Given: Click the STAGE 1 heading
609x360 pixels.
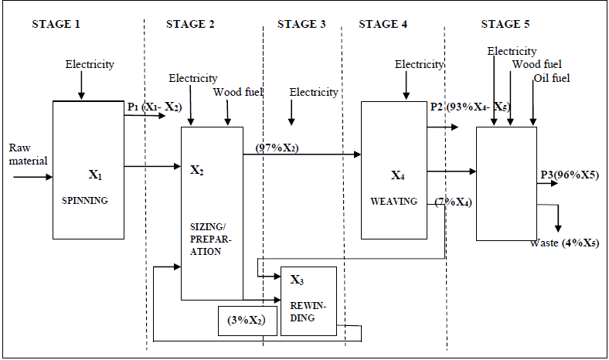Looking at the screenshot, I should (56, 24).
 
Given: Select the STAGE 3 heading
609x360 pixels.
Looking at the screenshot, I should (301, 24).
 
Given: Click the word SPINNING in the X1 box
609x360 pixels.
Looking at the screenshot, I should (85, 200).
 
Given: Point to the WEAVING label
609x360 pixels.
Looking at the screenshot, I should (393, 202).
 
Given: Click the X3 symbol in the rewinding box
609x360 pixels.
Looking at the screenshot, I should (297, 279).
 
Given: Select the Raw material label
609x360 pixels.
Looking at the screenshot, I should (28, 154).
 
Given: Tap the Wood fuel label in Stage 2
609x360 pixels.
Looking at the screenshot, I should (238, 93).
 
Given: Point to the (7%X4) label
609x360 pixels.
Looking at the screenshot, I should (455, 202).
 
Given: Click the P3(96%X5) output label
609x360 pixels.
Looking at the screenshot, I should (570, 176).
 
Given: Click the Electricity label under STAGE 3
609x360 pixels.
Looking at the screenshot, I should (314, 93).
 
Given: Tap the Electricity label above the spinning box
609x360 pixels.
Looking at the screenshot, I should (90, 65).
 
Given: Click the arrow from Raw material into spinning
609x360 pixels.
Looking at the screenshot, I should (31, 177).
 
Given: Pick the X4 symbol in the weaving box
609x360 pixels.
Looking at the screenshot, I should (397, 175).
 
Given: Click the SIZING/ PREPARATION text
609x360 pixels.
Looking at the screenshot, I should (206, 240).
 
